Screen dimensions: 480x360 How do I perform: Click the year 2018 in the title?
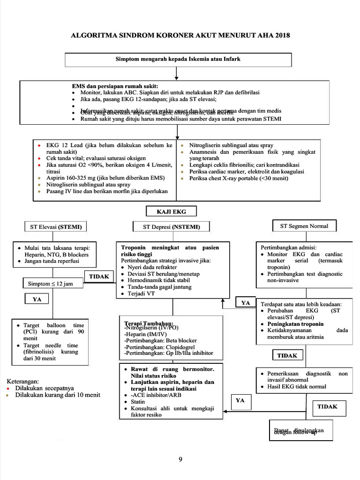(x=281, y=35)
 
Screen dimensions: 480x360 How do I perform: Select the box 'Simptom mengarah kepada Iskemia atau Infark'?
(x=178, y=60)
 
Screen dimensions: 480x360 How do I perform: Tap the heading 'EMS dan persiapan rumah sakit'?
(x=115, y=86)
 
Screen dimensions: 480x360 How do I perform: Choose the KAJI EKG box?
(x=171, y=211)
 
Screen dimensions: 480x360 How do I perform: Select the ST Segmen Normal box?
(x=304, y=226)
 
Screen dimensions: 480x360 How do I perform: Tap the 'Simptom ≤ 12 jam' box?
(x=50, y=284)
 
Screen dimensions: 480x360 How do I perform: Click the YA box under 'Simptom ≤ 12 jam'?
(x=37, y=299)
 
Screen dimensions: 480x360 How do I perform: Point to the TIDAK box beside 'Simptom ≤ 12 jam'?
(x=99, y=277)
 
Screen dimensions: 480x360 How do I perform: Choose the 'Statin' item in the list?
(x=138, y=402)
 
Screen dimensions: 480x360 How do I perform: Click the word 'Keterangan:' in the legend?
(x=22, y=382)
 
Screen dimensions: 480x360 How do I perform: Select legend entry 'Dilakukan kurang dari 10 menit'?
(x=57, y=395)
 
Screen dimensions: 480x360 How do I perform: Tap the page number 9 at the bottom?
(x=180, y=459)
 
